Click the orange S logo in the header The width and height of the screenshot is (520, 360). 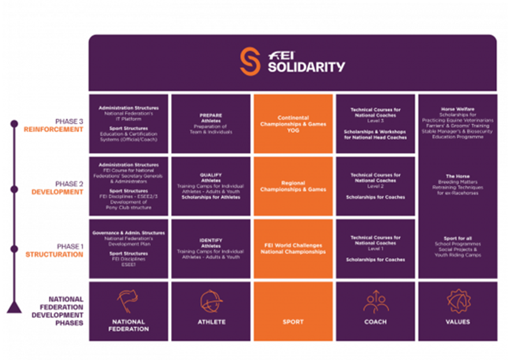[x=251, y=61]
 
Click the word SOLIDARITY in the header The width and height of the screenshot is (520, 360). [x=306, y=66]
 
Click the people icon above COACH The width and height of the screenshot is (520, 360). [x=376, y=302]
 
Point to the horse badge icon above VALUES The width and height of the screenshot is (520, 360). [x=458, y=301]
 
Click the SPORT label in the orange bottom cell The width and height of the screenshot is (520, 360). [x=293, y=322]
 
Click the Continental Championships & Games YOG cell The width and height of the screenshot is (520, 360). [x=293, y=124]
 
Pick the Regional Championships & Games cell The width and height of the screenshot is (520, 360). [x=293, y=186]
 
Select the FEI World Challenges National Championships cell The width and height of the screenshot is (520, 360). [x=293, y=248]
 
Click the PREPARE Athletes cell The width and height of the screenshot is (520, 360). [x=211, y=124]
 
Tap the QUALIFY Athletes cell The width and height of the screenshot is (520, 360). [x=211, y=186]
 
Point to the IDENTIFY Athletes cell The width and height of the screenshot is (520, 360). [x=211, y=248]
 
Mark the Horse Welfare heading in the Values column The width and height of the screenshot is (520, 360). [x=458, y=109]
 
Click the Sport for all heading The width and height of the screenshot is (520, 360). [x=458, y=238]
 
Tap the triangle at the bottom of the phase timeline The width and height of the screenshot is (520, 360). [x=14, y=307]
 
